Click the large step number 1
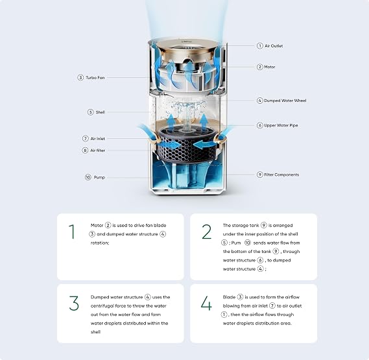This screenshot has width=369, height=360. coord(72,232)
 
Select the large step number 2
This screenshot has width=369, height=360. coord(207,232)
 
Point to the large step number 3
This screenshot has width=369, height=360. coord(74,304)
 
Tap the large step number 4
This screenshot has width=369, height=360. coord(206,304)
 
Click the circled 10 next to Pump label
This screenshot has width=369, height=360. coord(88,177)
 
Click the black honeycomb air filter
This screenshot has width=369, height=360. coord(186,146)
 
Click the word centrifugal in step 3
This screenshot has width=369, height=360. coord(102,306)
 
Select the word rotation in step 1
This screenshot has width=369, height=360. coord(100,243)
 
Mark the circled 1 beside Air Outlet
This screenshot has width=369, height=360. coord(260,45)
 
